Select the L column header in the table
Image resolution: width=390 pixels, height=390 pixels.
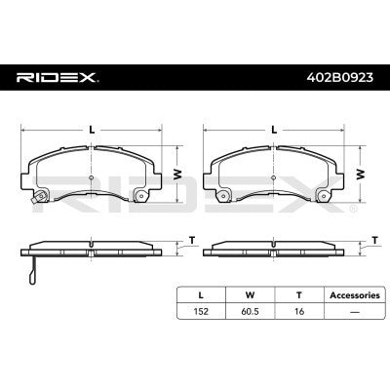(202, 292)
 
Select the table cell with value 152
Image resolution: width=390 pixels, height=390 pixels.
(202, 311)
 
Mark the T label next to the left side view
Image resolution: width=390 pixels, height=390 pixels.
(192, 240)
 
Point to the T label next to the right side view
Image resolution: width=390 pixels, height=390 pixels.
(375, 240)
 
